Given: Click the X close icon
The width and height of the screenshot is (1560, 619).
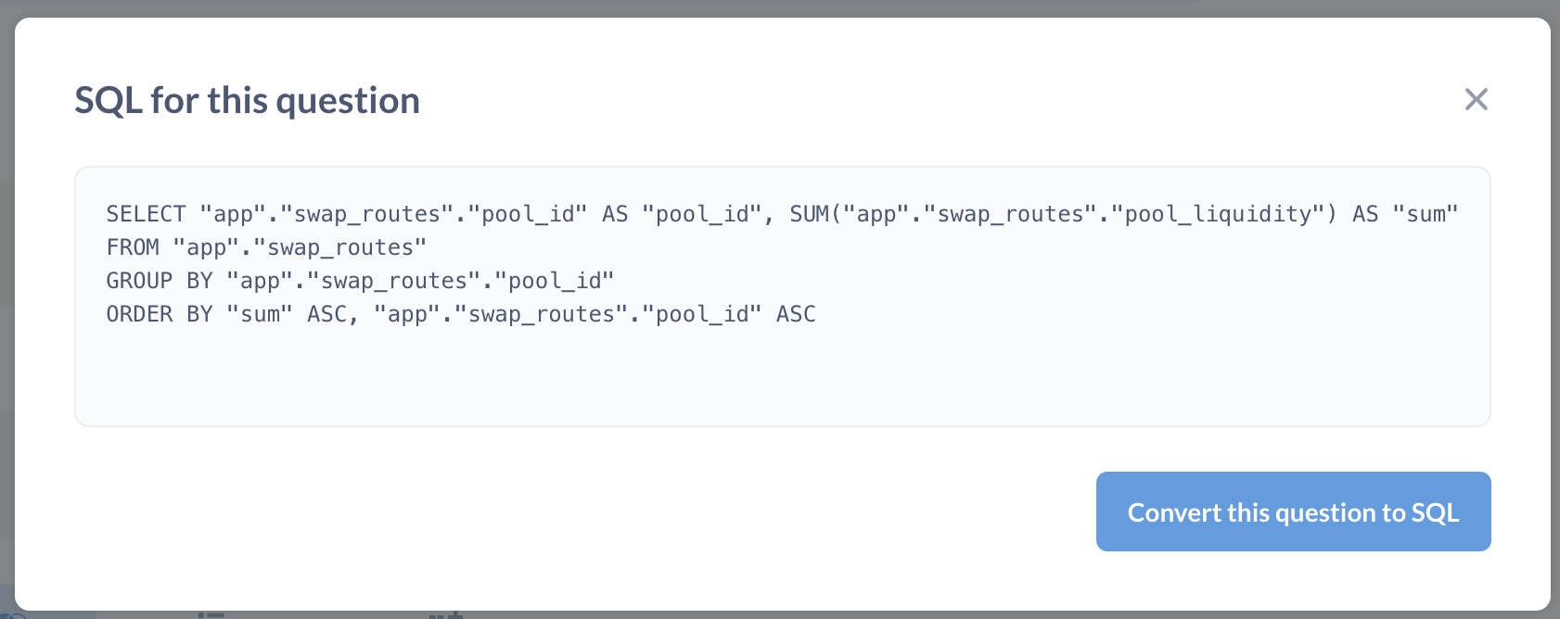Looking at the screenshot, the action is pyautogui.click(x=1476, y=99).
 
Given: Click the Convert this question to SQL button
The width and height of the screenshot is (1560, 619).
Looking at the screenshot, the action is pyautogui.click(x=1293, y=512).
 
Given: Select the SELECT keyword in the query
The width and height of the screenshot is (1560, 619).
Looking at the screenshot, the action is pyautogui.click(x=147, y=214).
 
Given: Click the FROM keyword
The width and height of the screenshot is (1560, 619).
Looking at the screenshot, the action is pyautogui.click(x=133, y=247).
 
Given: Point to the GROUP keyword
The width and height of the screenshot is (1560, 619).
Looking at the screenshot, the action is pyautogui.click(x=139, y=281).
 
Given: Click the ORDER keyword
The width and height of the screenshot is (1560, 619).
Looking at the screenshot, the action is pyautogui.click(x=139, y=314).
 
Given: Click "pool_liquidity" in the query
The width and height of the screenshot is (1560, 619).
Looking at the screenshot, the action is pyautogui.click(x=1218, y=214).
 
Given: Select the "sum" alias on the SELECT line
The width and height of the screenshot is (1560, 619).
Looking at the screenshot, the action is pyautogui.click(x=1425, y=214).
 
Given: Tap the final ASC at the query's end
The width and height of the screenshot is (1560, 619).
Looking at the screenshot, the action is pyautogui.click(x=796, y=314).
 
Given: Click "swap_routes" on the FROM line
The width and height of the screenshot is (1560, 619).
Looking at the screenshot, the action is pyautogui.click(x=339, y=247).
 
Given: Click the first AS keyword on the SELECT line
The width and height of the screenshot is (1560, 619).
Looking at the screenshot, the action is pyautogui.click(x=615, y=214).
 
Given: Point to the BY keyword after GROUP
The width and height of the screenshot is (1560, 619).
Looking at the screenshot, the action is pyautogui.click(x=200, y=281).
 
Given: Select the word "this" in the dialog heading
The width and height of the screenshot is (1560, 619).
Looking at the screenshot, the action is pyautogui.click(x=237, y=101).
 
